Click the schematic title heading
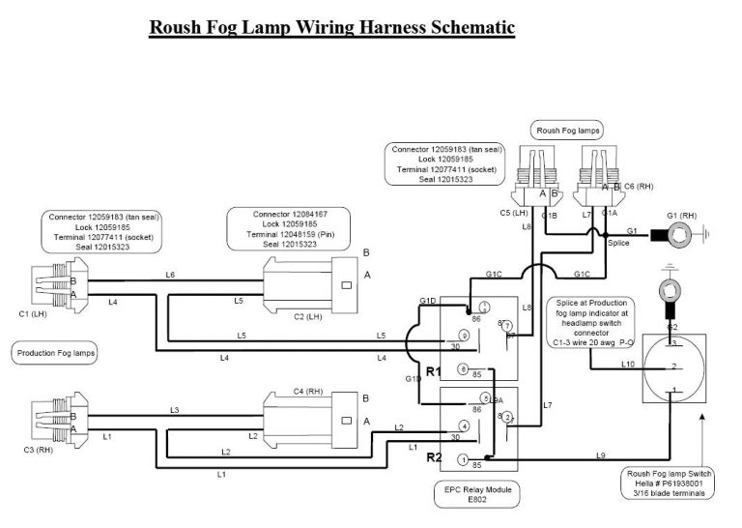(332, 27)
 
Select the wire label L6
(170, 276)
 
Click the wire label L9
(600, 455)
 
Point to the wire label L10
(627, 365)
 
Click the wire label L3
(175, 411)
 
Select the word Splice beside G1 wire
(619, 243)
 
